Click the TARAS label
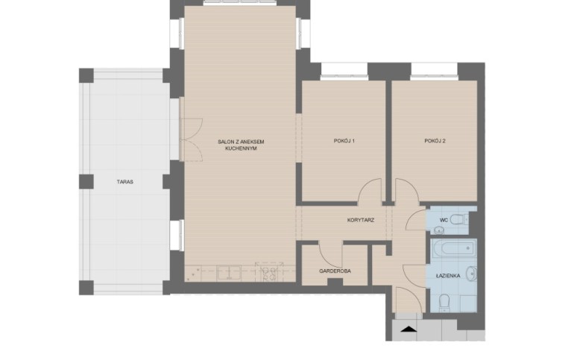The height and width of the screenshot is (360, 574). pos(124,182)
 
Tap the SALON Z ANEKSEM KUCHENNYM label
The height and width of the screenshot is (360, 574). pos(241,145)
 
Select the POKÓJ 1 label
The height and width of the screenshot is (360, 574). pos(344,141)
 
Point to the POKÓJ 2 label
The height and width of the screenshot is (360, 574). pos(435,141)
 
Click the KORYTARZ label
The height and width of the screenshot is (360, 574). pos(361,220)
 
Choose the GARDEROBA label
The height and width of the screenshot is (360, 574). pos(335,271)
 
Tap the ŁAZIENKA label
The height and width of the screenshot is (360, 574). pos(448,276)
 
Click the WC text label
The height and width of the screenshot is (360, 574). pos(444,220)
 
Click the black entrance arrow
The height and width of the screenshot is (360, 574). pos(409,329)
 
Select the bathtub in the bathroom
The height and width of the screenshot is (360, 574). pos(453,249)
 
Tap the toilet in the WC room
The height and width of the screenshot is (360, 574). pos(459,220)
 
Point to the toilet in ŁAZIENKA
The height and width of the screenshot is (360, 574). pos(444,303)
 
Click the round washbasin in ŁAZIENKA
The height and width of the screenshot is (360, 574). pos(471,273)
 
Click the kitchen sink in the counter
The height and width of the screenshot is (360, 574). pos(229,273)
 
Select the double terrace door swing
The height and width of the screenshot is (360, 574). pos(191,139)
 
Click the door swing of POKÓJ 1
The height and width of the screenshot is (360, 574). pos(370,190)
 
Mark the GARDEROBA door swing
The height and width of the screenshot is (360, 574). pos(331,254)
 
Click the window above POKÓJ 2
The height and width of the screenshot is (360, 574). pos(434,71)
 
